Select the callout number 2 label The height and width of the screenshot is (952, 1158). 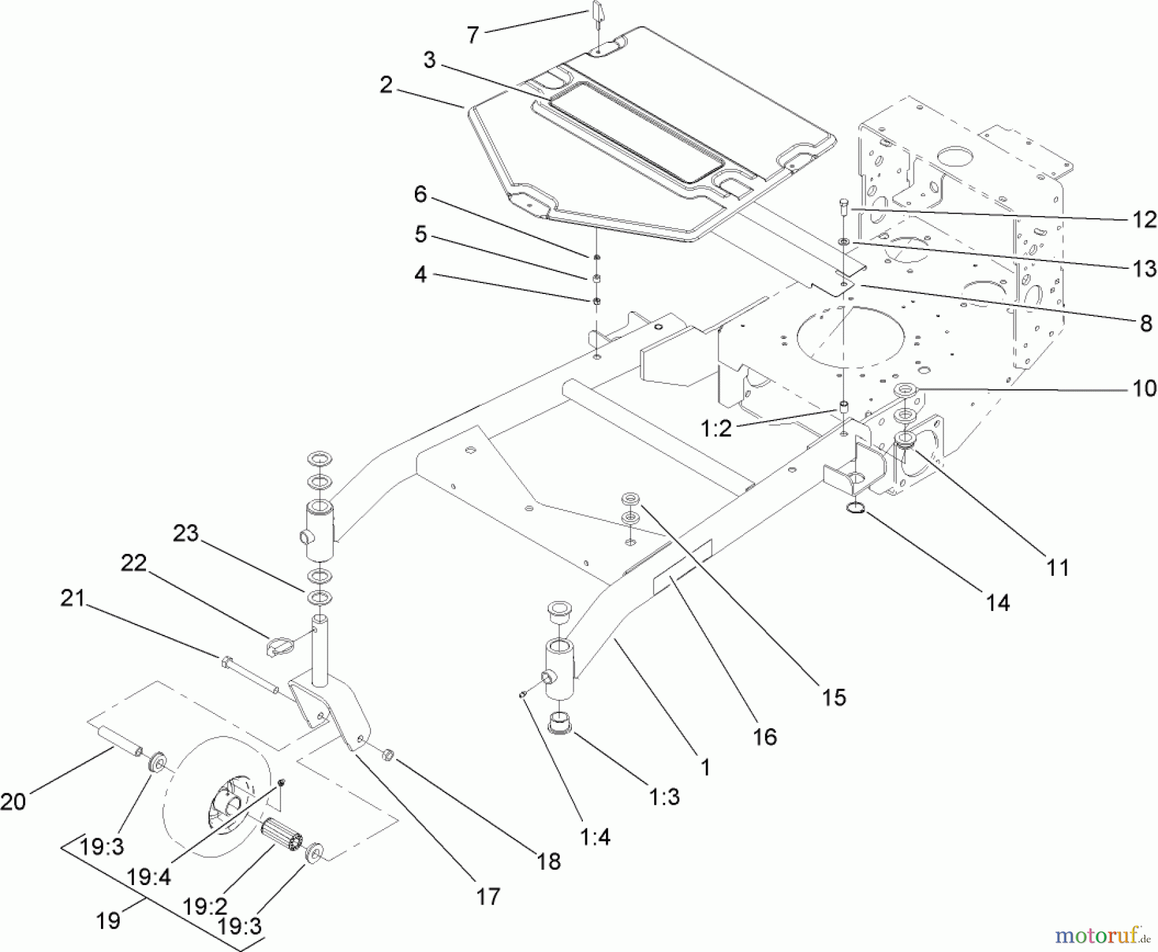[386, 85]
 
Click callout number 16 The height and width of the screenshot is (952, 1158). [764, 737]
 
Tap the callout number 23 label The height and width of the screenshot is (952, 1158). [186, 533]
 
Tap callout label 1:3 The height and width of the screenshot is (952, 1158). [665, 797]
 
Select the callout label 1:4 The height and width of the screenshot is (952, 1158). [594, 837]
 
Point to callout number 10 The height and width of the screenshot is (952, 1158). [1144, 389]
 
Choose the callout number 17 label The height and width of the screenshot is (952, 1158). [488, 896]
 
